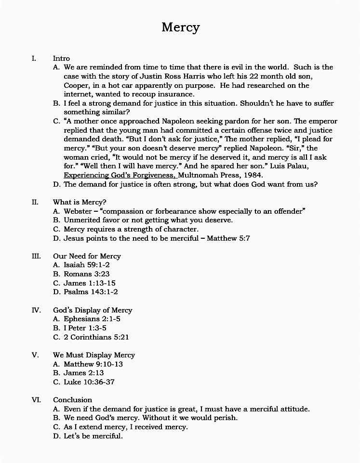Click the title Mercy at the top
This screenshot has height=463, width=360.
click(x=180, y=27)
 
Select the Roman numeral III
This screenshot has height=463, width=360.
click(x=36, y=256)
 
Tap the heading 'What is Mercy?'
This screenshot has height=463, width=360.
click(x=80, y=202)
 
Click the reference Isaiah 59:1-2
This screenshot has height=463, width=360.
click(x=87, y=265)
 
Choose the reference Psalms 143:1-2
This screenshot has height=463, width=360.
click(x=91, y=292)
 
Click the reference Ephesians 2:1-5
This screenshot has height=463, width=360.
click(x=92, y=319)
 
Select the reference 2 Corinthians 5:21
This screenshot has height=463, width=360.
click(x=96, y=337)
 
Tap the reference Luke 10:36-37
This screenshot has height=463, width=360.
click(x=89, y=382)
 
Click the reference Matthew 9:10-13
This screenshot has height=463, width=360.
click(x=93, y=364)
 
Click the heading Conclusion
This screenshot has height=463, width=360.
click(x=72, y=400)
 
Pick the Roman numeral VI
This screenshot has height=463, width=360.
click(x=36, y=400)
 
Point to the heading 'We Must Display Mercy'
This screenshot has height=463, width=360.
click(x=94, y=355)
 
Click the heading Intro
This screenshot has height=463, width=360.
click(x=61, y=58)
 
